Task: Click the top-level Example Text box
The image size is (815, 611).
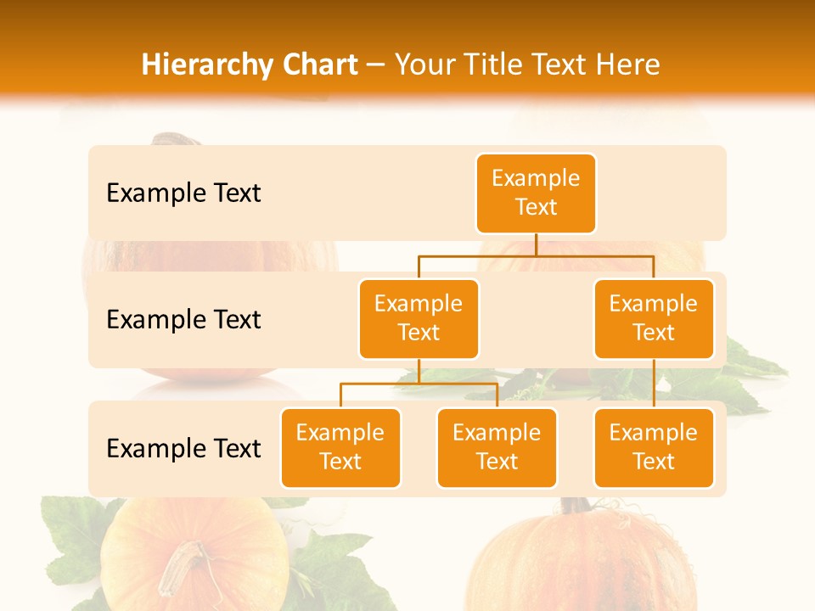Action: pyautogui.click(x=536, y=193)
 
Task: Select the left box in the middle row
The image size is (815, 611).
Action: pyautogui.click(x=419, y=318)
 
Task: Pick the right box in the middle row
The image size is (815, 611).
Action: pyautogui.click(x=654, y=318)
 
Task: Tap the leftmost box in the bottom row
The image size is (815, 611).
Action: pyautogui.click(x=340, y=447)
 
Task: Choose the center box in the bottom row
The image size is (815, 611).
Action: pyautogui.click(x=497, y=447)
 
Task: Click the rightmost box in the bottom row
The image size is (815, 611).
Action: pyautogui.click(x=654, y=447)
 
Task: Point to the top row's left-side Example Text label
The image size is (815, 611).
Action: pyautogui.click(x=183, y=193)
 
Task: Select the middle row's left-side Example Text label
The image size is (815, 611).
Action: pyautogui.click(x=183, y=320)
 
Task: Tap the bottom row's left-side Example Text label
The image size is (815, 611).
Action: pyautogui.click(x=183, y=448)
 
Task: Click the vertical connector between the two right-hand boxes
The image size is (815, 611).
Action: pyautogui.click(x=654, y=384)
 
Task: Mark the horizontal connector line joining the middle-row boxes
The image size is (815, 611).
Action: pyautogui.click(x=536, y=255)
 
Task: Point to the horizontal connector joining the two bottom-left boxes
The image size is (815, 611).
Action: pyautogui.click(x=419, y=384)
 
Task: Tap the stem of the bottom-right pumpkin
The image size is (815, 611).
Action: pyautogui.click(x=576, y=506)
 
